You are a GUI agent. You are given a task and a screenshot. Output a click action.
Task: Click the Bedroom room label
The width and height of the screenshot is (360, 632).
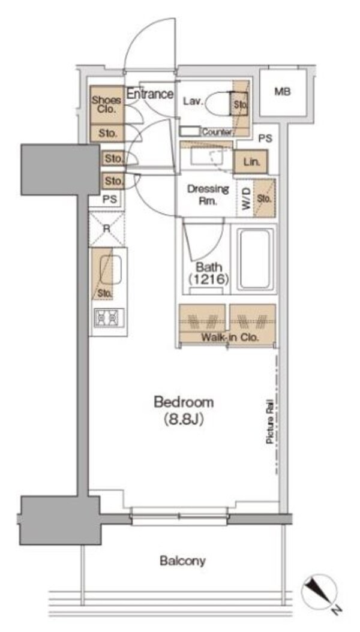point(184,402)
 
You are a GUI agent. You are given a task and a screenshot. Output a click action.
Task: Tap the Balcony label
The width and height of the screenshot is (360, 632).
point(182,561)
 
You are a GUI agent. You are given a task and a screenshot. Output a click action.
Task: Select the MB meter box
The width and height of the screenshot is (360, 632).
point(283,92)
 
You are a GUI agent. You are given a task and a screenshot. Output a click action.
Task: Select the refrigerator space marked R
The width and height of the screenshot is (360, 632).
point(106,228)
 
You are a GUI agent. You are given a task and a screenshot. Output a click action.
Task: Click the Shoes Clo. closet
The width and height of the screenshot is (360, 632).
point(106,104)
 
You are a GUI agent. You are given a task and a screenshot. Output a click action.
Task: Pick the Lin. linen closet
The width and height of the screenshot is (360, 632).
point(250,162)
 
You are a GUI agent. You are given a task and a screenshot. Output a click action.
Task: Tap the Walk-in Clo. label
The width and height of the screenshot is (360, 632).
point(230,338)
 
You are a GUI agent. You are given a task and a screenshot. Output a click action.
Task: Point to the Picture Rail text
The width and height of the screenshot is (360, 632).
point(269,422)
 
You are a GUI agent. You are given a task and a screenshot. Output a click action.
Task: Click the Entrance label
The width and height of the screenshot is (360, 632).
point(150,94)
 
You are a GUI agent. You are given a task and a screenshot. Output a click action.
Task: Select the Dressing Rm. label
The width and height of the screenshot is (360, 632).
point(208,195)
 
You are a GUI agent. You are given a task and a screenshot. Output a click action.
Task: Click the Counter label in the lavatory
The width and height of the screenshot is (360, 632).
point(217,132)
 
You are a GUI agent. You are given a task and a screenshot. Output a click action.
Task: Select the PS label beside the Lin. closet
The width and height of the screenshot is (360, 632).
point(265,139)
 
